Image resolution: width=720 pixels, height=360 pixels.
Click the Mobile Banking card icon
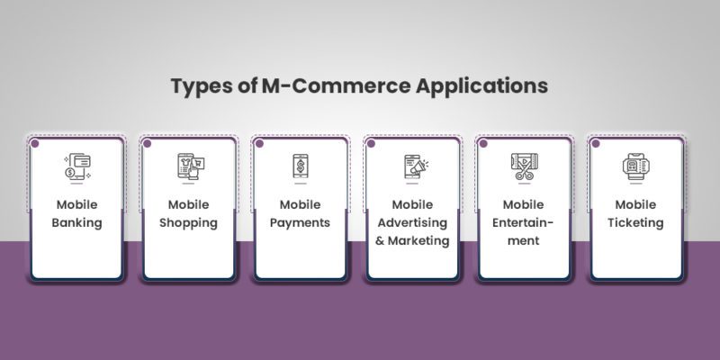point(76,166)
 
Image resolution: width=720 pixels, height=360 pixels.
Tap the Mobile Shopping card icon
point(190,166)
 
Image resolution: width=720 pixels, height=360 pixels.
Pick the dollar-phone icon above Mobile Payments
point(300,166)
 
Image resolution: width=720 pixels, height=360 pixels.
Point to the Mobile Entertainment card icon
point(524,166)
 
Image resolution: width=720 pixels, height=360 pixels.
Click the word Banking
point(78,222)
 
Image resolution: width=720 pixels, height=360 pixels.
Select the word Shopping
point(189,222)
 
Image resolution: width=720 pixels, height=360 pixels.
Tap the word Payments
point(300,222)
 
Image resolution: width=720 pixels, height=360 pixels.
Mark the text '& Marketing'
point(412,240)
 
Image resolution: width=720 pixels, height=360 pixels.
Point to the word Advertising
point(412,222)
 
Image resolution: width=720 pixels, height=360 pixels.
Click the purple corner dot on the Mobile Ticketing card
point(594,142)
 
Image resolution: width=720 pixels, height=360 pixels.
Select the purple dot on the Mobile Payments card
point(259,142)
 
